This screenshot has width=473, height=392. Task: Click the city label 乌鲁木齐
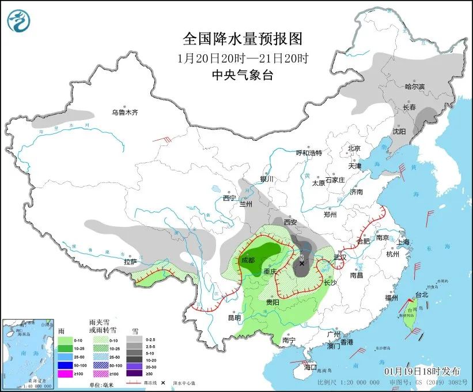[x=125, y=113]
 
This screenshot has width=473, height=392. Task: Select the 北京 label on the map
[x=354, y=148]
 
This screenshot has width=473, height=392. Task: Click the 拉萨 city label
[x=130, y=262]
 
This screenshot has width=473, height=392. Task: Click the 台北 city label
[x=421, y=294]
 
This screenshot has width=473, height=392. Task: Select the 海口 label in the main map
[x=311, y=367]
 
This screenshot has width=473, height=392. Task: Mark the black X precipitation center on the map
[x=301, y=263]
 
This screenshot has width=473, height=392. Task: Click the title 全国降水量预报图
[x=243, y=39]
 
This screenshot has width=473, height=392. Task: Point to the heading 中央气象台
[x=243, y=75]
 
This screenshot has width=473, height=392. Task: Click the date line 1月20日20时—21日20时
[x=243, y=58]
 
